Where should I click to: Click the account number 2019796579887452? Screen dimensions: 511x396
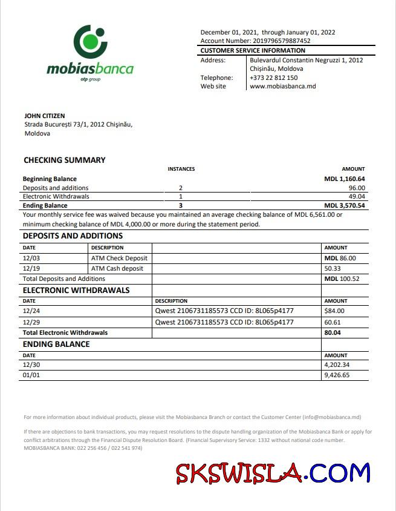click(273, 41)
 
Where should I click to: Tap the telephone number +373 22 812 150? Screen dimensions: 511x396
click(274, 77)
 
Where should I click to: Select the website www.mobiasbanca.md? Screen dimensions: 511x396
click(282, 87)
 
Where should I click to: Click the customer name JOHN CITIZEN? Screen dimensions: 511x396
click(44, 116)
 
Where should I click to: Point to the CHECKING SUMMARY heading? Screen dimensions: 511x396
click(64, 160)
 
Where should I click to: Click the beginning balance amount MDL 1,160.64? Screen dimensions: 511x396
click(345, 179)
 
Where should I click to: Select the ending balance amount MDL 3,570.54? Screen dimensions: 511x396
click(345, 206)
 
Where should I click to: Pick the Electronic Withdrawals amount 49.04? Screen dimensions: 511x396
click(357, 197)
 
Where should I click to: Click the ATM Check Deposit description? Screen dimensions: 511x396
click(119, 259)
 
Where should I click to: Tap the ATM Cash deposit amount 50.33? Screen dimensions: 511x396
click(333, 268)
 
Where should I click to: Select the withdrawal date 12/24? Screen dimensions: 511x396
click(30, 311)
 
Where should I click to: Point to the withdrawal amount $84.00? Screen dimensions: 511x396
click(335, 311)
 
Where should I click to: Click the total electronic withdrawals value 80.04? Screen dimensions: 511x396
click(333, 333)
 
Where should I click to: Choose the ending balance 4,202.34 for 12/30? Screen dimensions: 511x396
click(337, 365)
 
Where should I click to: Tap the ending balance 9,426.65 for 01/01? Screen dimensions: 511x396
click(337, 375)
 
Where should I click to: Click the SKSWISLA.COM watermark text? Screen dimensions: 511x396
click(273, 473)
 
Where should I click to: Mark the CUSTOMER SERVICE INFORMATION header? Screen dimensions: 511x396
click(253, 51)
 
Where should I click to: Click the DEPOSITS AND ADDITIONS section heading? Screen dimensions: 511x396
click(73, 236)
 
